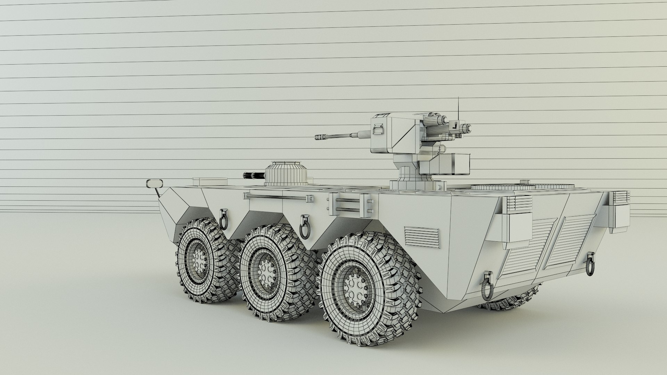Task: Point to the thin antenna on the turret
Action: [458, 108]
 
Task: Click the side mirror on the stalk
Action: [155, 183]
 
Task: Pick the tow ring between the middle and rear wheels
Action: [305, 226]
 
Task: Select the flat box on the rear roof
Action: [209, 181]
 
